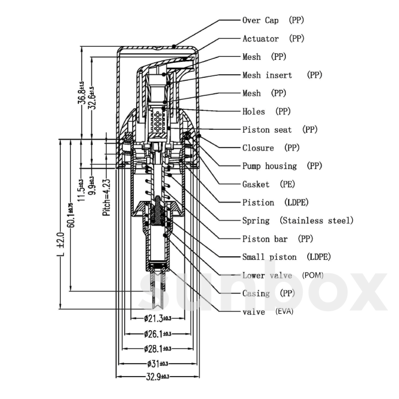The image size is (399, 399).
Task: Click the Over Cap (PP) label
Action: click(273, 20)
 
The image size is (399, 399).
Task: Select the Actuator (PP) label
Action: click(273, 39)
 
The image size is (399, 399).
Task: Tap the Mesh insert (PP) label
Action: click(282, 75)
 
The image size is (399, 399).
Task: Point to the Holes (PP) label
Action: click(266, 111)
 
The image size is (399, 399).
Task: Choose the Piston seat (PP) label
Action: click(280, 130)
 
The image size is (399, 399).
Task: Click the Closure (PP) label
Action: click(271, 148)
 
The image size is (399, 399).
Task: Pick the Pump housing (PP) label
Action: click(282, 166)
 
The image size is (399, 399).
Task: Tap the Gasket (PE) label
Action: click(269, 184)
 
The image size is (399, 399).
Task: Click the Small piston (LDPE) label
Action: click(286, 257)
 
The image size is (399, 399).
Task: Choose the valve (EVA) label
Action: click(268, 312)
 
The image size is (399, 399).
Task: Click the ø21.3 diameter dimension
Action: click(158, 319)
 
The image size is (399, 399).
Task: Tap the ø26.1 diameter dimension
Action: click(158, 333)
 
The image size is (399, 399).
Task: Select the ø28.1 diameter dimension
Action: click(158, 348)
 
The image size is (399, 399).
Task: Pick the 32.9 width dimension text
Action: click(158, 377)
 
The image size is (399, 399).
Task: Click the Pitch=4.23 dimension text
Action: click(107, 198)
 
